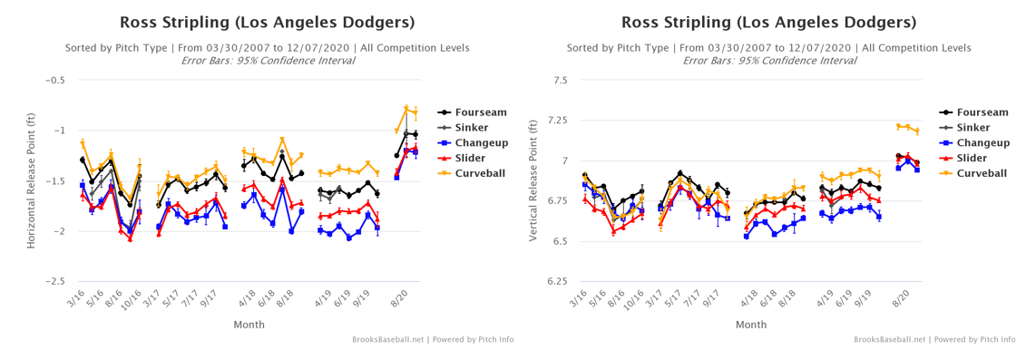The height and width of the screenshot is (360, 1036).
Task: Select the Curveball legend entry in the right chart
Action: [972, 173]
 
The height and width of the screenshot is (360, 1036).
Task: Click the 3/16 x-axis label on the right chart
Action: [576, 298]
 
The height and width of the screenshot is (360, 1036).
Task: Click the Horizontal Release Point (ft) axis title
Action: [31, 181]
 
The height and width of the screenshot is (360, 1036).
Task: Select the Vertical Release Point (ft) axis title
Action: [533, 181]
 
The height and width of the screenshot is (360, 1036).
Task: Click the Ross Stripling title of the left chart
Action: [268, 23]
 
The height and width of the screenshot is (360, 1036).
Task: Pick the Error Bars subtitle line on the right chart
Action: [769, 60]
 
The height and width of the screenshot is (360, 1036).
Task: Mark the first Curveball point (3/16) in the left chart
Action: [83, 142]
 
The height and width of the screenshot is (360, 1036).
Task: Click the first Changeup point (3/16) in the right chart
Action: [585, 184]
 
